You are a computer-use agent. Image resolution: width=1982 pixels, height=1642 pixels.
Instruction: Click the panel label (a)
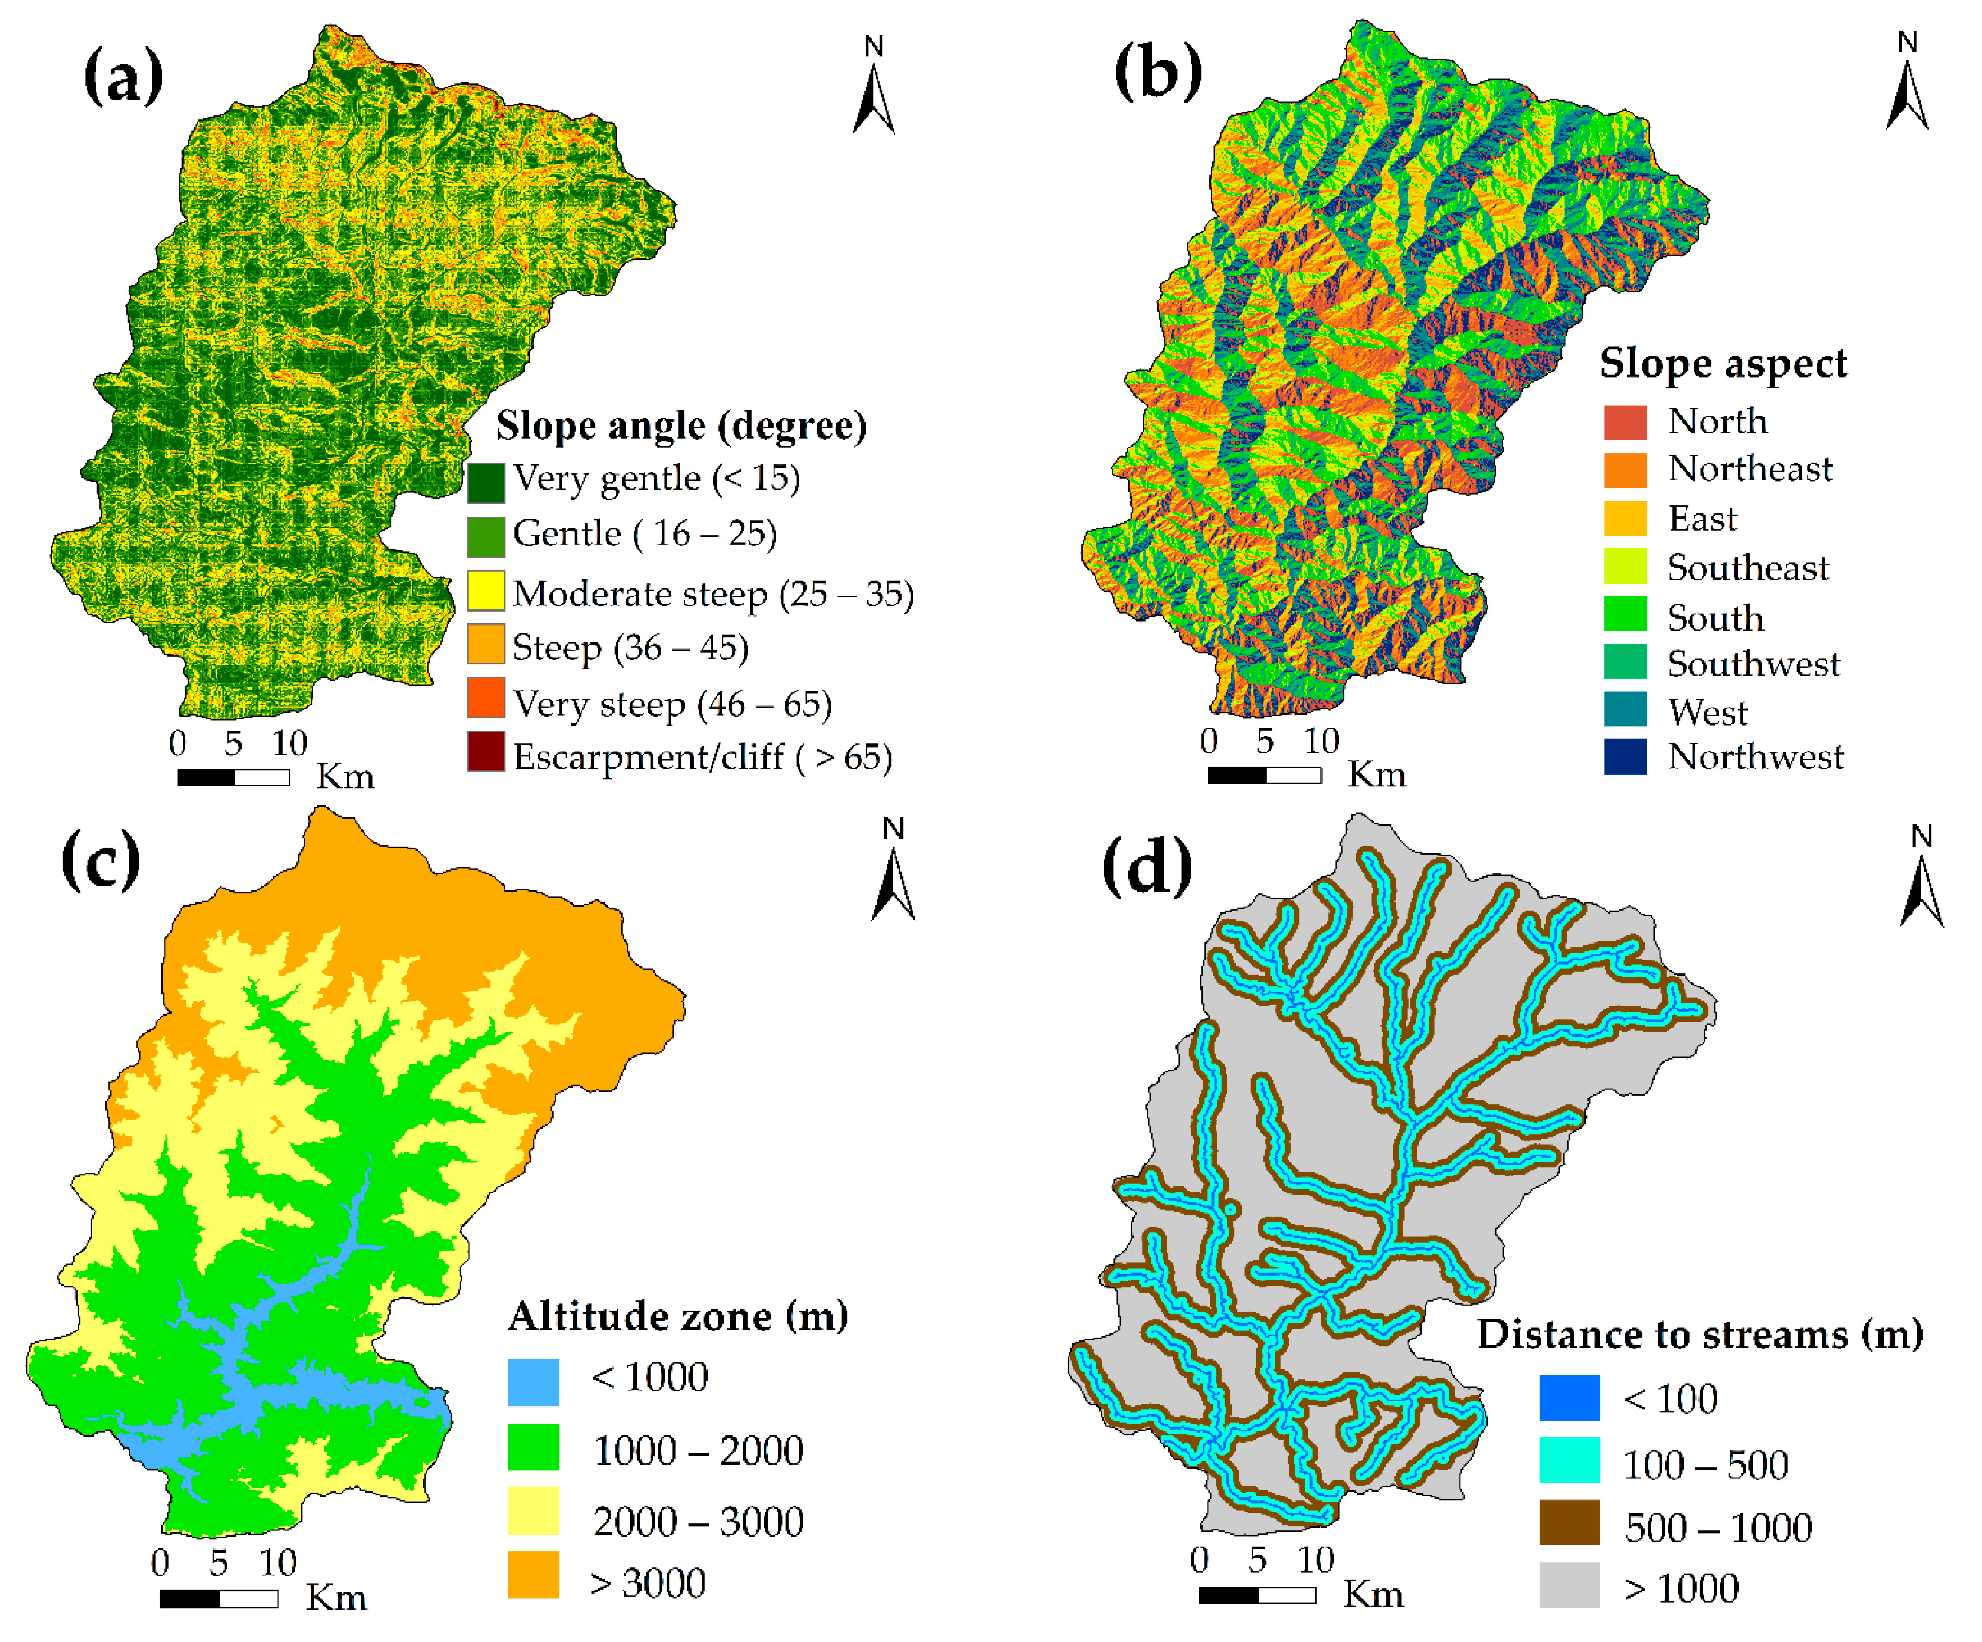coord(123,76)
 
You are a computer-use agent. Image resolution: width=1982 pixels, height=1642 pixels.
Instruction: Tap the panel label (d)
coord(1147,866)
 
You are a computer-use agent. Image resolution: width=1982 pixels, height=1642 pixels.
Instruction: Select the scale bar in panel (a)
coord(233,778)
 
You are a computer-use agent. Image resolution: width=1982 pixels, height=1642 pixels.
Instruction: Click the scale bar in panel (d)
coord(1257,1595)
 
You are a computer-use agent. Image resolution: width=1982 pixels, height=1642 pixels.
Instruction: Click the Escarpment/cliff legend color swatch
coord(486,752)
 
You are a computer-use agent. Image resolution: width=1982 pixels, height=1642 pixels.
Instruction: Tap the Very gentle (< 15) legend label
coord(656,478)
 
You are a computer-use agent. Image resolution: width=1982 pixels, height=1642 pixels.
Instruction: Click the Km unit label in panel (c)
coord(336,1598)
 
